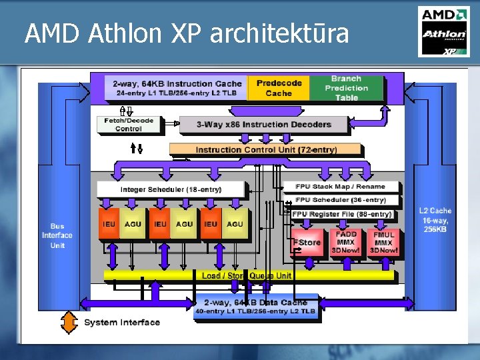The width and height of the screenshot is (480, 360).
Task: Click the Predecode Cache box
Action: click(x=279, y=88)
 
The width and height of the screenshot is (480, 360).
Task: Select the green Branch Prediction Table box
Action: click(x=346, y=88)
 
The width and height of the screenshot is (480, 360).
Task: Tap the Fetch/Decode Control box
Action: click(x=129, y=125)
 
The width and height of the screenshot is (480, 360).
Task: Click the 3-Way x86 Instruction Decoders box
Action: click(x=264, y=125)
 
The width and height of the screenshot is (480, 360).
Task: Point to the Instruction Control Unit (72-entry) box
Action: click(x=266, y=150)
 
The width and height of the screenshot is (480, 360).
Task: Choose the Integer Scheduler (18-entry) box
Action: click(x=171, y=190)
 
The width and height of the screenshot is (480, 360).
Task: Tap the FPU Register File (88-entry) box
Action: click(x=343, y=214)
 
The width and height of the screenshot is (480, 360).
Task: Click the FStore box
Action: click(x=308, y=243)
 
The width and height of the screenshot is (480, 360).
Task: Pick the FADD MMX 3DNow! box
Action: click(x=346, y=243)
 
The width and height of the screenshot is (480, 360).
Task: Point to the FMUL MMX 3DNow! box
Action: click(x=383, y=243)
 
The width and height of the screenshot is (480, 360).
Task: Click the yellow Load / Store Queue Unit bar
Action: click(x=247, y=275)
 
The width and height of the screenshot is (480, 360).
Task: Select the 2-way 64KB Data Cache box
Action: click(x=255, y=307)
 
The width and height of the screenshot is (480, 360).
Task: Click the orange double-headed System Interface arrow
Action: click(x=70, y=323)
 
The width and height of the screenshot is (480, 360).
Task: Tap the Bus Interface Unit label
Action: click(x=57, y=235)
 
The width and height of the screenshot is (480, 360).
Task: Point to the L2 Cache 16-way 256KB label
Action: click(x=435, y=220)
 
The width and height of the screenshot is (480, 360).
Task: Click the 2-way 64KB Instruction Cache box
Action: click(x=177, y=88)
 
